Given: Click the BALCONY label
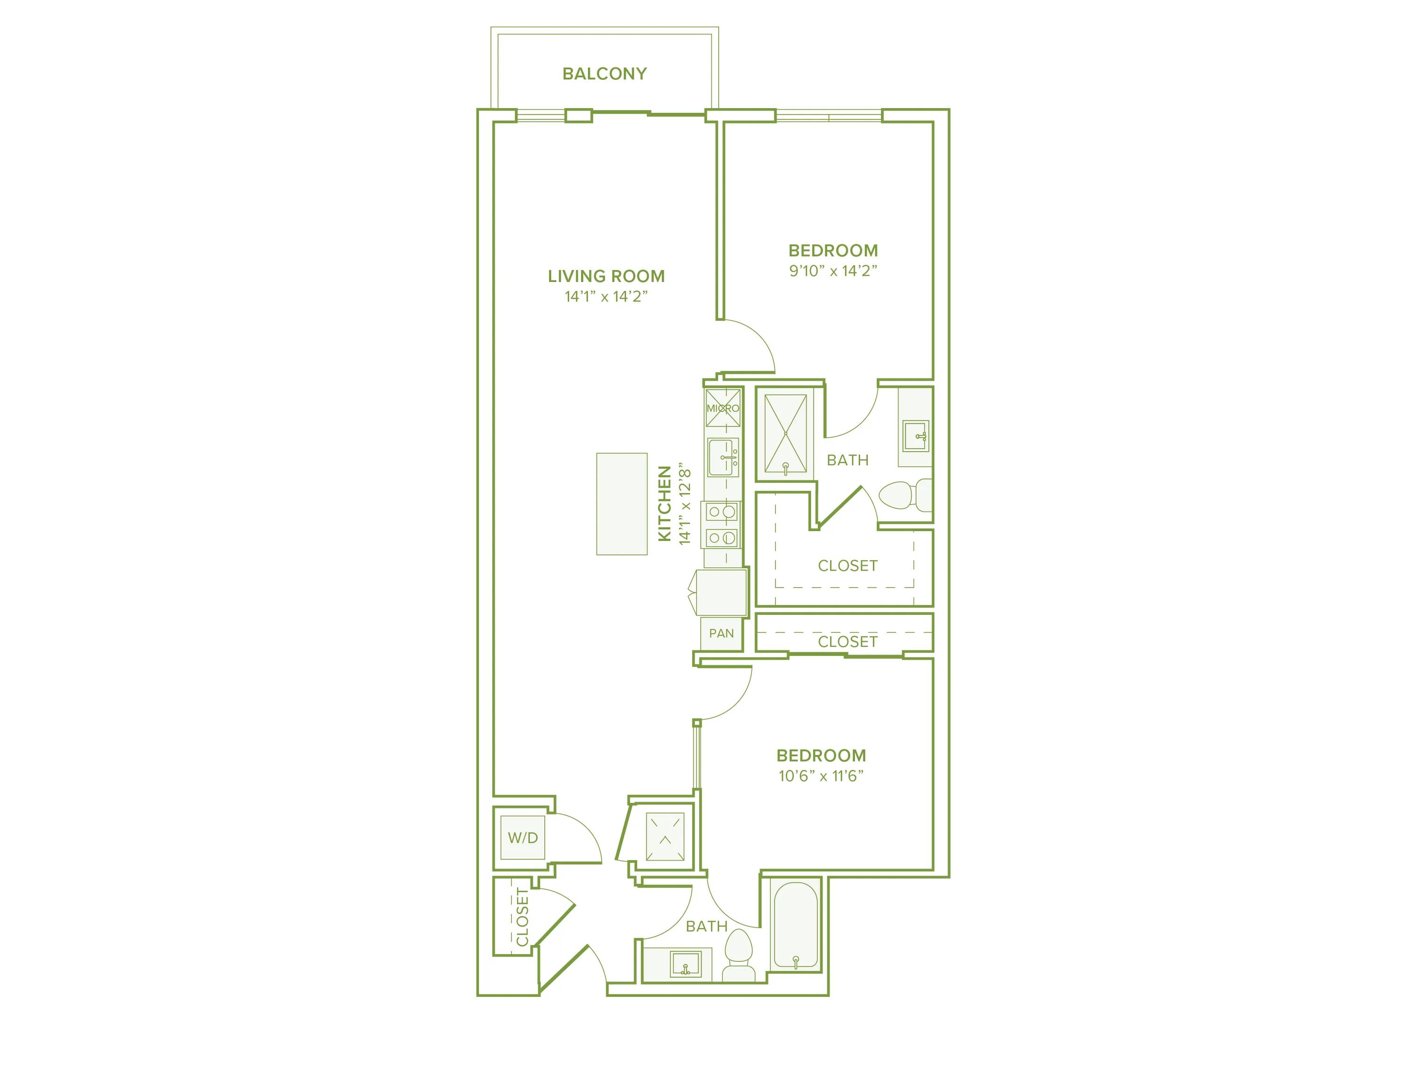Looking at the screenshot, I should point(604,74).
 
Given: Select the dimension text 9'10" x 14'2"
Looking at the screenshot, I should point(833,271).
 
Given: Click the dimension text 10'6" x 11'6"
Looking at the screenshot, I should point(821,776).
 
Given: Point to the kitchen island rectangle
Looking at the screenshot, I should point(621,504).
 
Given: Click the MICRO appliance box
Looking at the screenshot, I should point(722,408).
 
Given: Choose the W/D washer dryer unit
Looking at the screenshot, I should point(522,838).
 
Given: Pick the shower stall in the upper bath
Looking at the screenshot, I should point(785,434).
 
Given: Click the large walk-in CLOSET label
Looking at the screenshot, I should point(847,565).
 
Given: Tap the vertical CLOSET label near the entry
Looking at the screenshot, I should point(522,917).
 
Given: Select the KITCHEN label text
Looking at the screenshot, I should point(664,504).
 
